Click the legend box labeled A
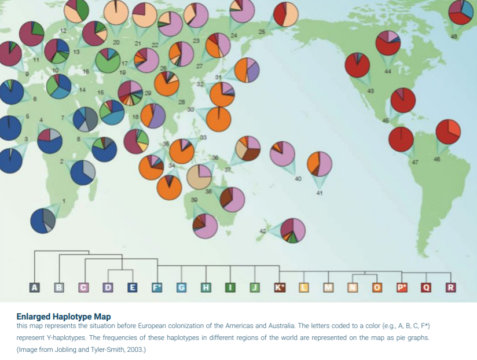[x=34, y=287]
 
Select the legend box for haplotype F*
[x=157, y=287]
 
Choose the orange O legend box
[x=377, y=287]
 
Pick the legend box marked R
[x=450, y=287]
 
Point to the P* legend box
[x=401, y=287]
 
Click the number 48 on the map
[x=453, y=36]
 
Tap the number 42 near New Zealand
[x=262, y=231]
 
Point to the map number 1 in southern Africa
[x=64, y=200]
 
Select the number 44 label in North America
[x=387, y=71]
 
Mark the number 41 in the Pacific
[x=319, y=193]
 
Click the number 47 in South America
[x=414, y=161]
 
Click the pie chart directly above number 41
[x=320, y=164]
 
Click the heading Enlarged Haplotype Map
[x=64, y=317]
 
